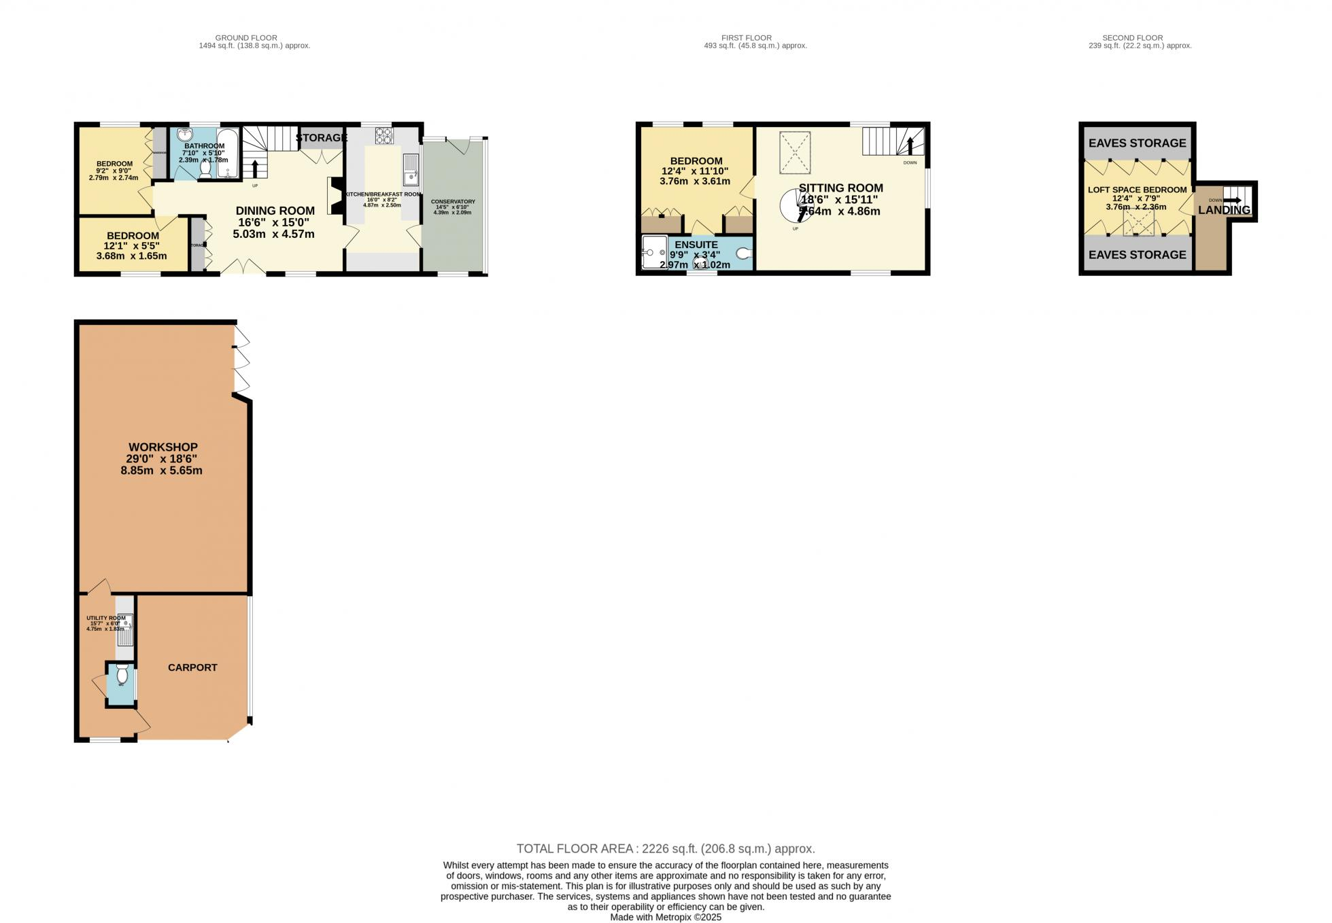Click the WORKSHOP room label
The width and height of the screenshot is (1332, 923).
pos(163,447)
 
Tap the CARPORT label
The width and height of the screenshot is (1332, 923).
pos(192,667)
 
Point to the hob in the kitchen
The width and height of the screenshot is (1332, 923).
pos(384,135)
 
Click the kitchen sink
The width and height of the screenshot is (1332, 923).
pos(411,170)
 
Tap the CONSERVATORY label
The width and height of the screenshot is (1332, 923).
pos(453,202)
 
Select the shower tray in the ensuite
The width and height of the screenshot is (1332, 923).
pos(654,253)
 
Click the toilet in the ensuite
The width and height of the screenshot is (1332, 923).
pos(744,254)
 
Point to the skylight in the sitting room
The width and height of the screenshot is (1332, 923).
pos(794,152)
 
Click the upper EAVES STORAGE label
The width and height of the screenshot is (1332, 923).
pos(1137,143)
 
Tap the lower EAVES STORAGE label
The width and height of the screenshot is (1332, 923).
pos(1137,255)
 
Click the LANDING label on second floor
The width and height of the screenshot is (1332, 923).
pos(1224,210)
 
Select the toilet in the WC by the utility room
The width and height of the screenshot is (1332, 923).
pos(122,675)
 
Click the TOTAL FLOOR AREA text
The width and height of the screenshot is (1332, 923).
pos(665,848)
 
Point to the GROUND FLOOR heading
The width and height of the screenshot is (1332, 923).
pos(246,38)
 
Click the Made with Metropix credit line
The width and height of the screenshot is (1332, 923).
pos(665,917)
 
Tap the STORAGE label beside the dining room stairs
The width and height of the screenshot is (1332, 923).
pos(321,138)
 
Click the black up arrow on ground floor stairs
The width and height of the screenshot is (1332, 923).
pos(255,169)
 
